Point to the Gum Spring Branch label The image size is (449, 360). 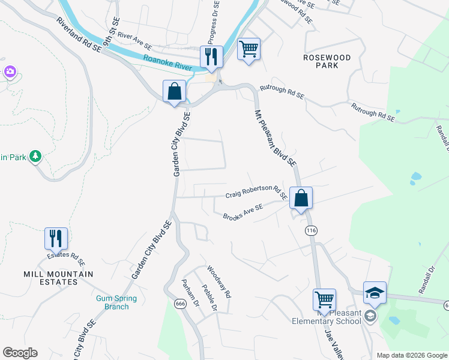tap(116, 302)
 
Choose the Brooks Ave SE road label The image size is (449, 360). tap(243, 212)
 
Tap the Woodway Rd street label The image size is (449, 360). tap(218, 283)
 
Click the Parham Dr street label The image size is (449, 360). tap(190, 295)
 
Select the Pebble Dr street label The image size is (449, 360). tap(209, 298)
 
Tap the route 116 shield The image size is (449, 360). tap(310, 230)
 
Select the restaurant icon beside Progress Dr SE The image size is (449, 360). tap(211, 56)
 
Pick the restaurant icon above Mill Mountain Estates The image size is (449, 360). tap(56, 238)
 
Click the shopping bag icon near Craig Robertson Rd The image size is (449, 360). tap(301, 197)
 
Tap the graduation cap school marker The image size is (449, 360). tap(375, 292)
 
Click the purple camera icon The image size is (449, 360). tap(10, 72)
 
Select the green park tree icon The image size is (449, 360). tap(35, 157)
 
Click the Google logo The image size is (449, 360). tap(20, 353)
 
